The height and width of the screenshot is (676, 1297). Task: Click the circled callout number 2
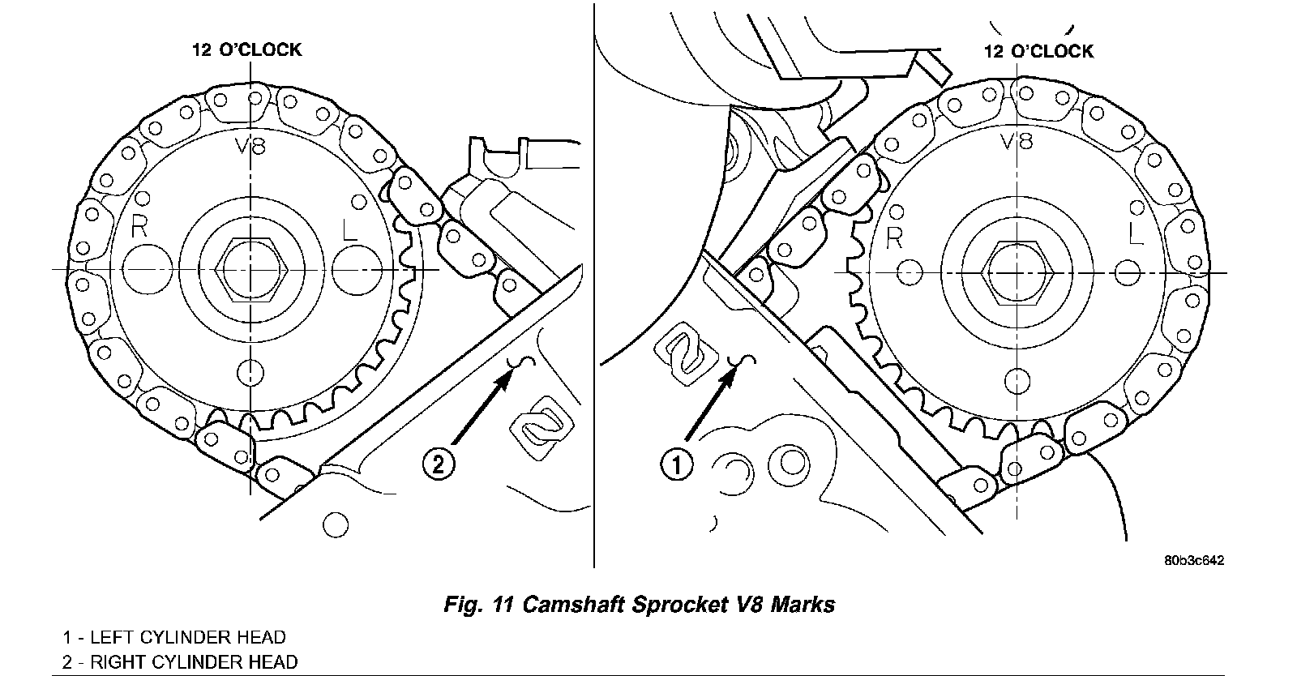point(439,464)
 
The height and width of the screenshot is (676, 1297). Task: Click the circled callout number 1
point(677,464)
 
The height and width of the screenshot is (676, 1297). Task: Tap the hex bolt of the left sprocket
point(251,269)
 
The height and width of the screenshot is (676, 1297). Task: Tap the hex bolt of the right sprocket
point(1017,272)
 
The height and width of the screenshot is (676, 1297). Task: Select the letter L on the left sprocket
point(349,229)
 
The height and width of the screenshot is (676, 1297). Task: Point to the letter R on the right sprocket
point(895,237)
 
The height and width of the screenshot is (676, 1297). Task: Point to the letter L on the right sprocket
point(1136,233)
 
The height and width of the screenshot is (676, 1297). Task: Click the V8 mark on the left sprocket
point(250,146)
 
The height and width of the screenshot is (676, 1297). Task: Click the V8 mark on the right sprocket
point(1017,141)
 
